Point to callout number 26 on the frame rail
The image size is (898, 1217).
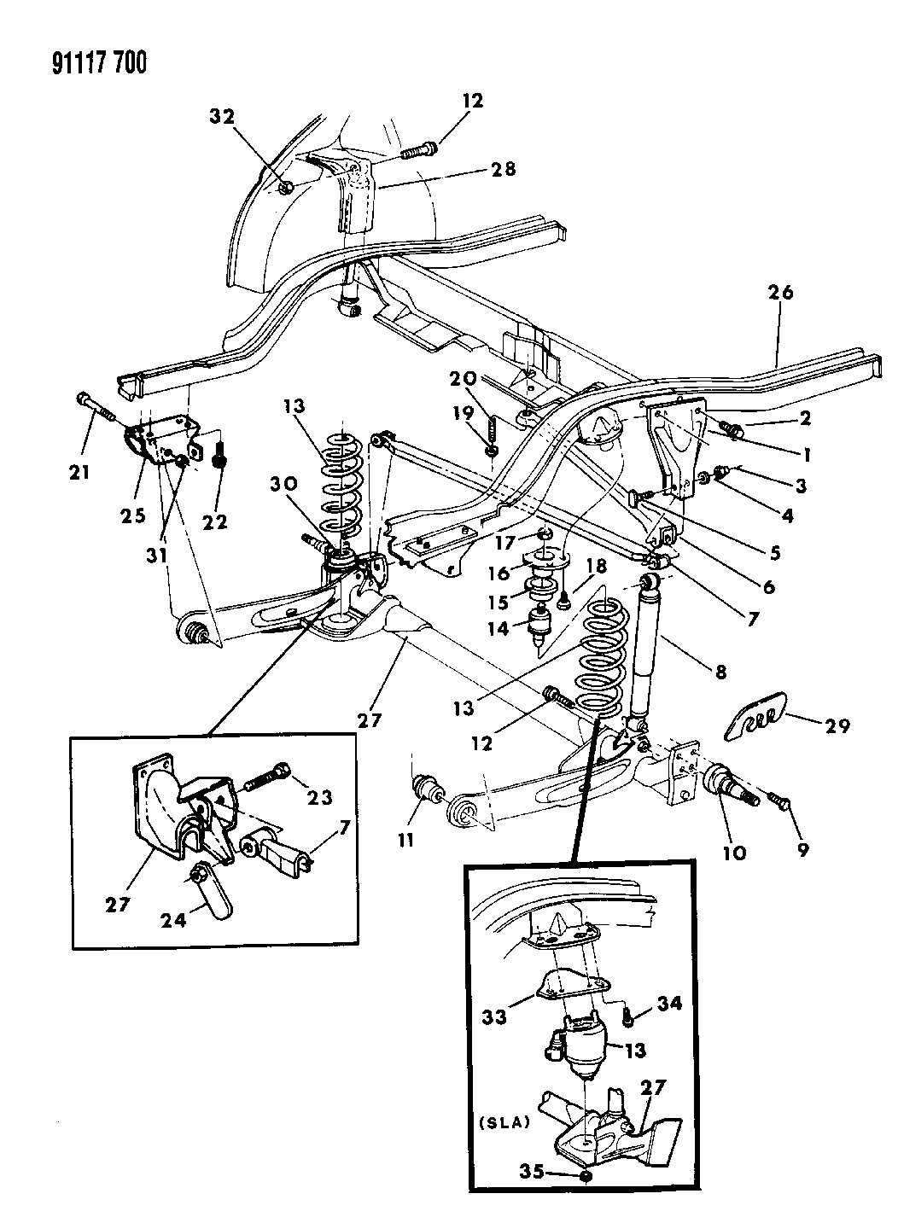[x=779, y=294]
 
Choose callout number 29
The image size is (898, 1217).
[x=838, y=725]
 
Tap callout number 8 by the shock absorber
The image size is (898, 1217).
[x=721, y=673]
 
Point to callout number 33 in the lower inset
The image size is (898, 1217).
[x=495, y=1016]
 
